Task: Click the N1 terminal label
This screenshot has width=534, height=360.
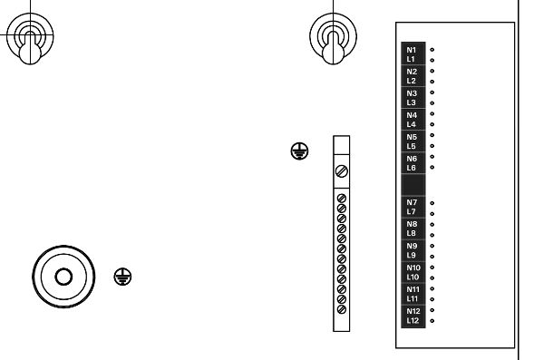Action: tap(412, 50)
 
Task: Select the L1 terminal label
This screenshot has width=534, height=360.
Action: tap(412, 59)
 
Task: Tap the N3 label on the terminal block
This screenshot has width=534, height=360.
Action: tap(412, 93)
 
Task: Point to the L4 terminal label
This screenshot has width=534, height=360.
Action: tap(412, 124)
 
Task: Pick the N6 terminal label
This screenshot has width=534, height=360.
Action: tap(412, 159)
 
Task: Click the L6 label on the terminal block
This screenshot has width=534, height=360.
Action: tap(412, 168)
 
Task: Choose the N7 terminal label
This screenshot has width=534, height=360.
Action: tap(412, 202)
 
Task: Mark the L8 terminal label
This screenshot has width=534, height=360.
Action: tap(412, 233)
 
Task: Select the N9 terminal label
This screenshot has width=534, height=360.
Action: tap(412, 246)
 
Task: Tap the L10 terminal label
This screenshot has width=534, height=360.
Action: tap(413, 277)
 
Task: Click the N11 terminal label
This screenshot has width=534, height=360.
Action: tap(413, 289)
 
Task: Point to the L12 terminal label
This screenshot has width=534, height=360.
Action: tap(413, 320)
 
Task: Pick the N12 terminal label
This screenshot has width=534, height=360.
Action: tap(413, 311)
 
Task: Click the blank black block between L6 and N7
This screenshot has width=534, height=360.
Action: tap(413, 185)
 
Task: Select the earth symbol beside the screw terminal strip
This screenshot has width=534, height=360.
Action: tap(298, 152)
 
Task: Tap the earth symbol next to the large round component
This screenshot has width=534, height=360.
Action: tap(121, 276)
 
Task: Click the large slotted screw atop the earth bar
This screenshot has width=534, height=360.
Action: tap(342, 170)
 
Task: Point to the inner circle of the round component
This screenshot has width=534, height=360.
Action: tap(62, 276)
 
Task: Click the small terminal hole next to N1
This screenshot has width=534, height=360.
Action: tap(432, 50)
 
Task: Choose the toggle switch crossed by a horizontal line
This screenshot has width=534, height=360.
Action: tap(30, 40)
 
